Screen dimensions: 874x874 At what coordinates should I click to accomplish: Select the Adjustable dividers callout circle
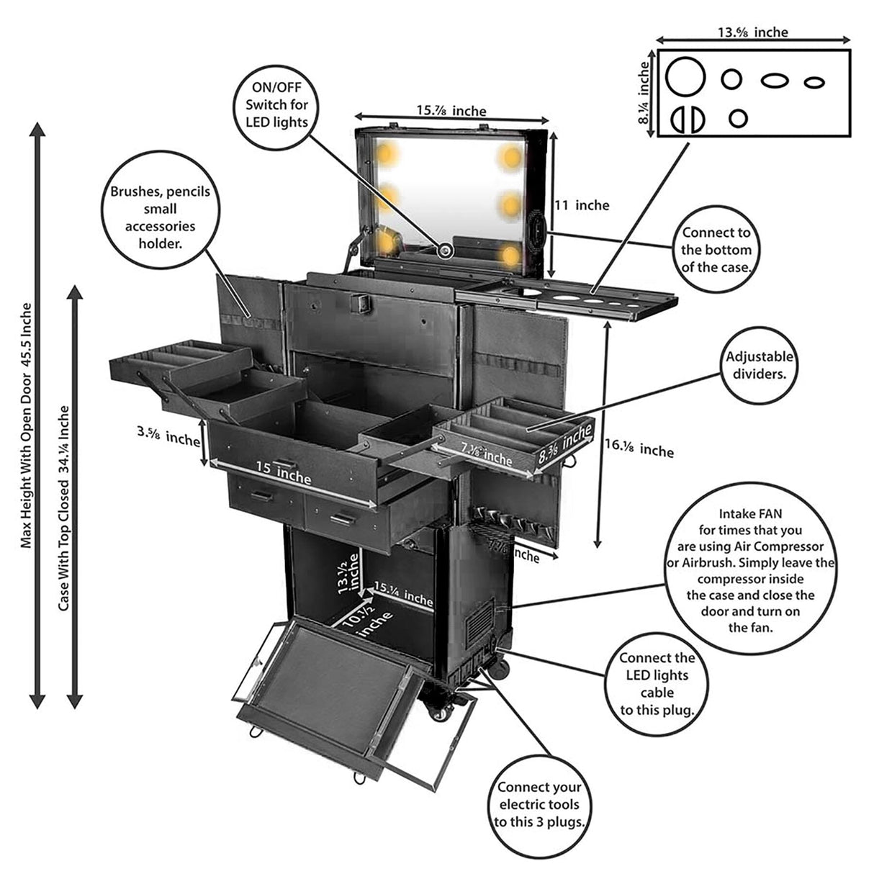pyautogui.click(x=760, y=365)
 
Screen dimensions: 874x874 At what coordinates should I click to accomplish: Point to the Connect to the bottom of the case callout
pyautogui.click(x=716, y=250)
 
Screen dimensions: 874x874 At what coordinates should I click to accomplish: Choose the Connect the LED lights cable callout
pyautogui.click(x=657, y=683)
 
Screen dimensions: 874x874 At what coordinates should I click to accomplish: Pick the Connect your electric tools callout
pyautogui.click(x=540, y=804)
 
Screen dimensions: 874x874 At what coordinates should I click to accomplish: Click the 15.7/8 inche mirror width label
pyautogui.click(x=451, y=111)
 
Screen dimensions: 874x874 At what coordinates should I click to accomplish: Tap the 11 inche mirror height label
pyautogui.click(x=582, y=205)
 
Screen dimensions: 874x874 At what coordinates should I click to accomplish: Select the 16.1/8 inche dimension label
pyautogui.click(x=639, y=449)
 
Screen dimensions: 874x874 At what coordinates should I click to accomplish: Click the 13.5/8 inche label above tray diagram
pyautogui.click(x=752, y=32)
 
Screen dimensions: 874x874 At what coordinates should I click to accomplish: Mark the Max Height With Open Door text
pyautogui.click(x=26, y=425)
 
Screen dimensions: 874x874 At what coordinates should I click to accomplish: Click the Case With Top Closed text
pyautogui.click(x=64, y=508)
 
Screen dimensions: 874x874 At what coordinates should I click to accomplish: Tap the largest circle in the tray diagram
pyautogui.click(x=684, y=77)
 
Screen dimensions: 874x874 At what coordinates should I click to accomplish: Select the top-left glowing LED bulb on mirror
pyautogui.click(x=386, y=153)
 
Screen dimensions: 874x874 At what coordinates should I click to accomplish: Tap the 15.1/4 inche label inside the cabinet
pyautogui.click(x=403, y=597)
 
